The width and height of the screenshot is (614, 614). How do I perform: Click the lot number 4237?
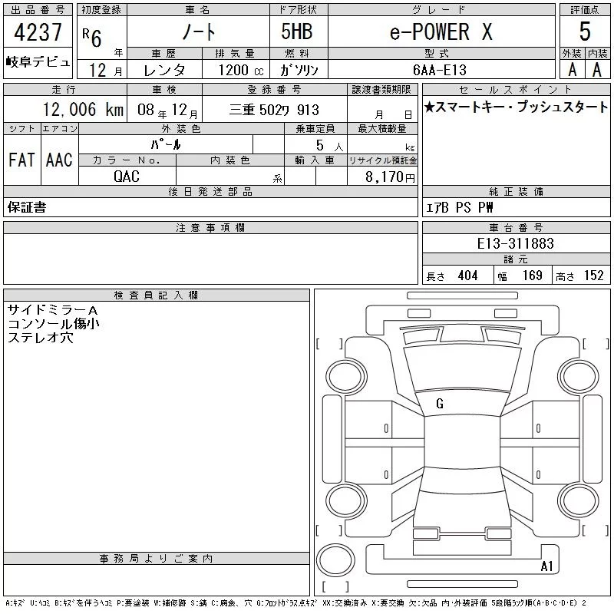[38, 32]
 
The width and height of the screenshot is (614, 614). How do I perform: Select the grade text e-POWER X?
[441, 31]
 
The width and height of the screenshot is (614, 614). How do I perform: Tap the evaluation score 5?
[585, 31]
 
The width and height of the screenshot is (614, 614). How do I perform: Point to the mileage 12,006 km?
[83, 109]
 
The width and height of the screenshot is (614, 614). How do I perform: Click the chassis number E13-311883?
[515, 243]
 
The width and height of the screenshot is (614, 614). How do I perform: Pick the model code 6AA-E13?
[440, 70]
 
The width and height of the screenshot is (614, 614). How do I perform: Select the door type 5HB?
[297, 31]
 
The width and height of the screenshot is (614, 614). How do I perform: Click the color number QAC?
[127, 177]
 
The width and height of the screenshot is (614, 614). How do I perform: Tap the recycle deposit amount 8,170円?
[390, 177]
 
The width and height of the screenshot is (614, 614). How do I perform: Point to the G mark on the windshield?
[440, 404]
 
